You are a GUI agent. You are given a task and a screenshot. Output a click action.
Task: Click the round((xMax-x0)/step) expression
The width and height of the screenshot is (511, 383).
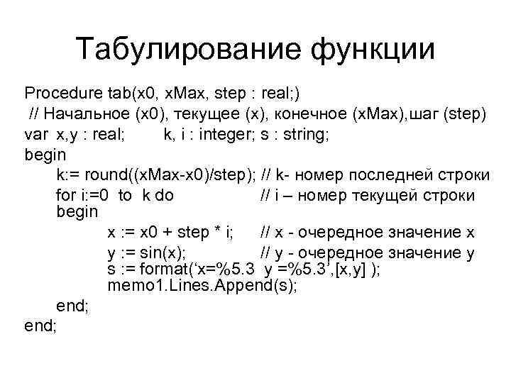(x=171, y=174)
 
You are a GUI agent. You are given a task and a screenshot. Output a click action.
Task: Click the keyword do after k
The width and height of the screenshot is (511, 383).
(x=164, y=194)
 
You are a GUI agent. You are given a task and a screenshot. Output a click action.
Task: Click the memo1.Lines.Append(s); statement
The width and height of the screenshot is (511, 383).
(x=203, y=287)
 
